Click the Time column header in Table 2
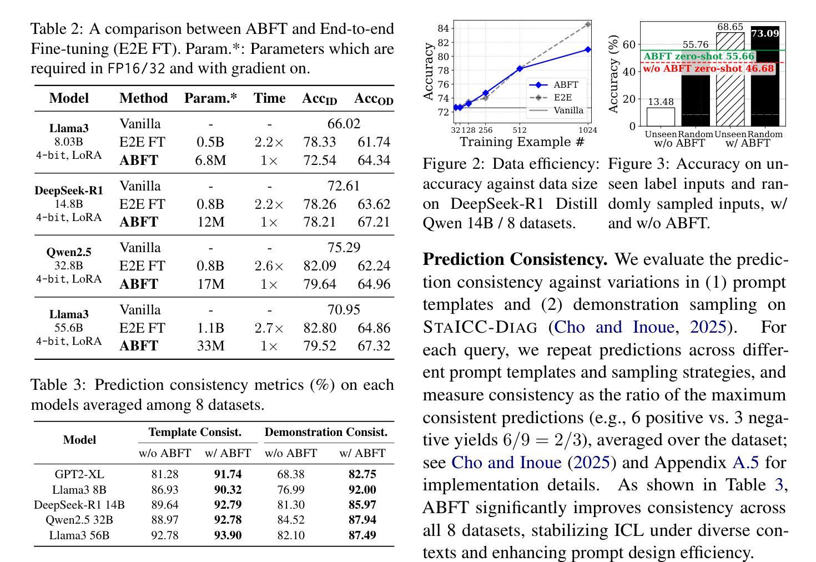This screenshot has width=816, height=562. point(269,98)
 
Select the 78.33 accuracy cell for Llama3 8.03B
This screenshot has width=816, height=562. point(320,142)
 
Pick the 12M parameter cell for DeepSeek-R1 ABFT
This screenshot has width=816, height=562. point(211,222)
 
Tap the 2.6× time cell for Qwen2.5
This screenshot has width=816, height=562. point(269,266)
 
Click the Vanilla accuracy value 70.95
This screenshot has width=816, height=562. point(344,309)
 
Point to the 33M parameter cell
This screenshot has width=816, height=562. point(211,346)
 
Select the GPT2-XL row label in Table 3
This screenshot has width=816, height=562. point(79,475)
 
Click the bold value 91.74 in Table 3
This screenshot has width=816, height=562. point(228,475)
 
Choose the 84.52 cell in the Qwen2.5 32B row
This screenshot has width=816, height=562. point(290,520)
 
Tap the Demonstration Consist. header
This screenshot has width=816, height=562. point(326,432)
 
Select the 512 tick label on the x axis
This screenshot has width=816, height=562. point(519,131)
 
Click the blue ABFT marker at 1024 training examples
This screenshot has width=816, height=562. point(588,49)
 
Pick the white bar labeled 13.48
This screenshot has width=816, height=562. point(661,117)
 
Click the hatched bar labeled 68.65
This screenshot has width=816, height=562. point(730,79)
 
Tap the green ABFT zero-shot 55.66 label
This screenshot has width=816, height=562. point(699,56)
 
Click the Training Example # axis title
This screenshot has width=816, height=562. point(522,142)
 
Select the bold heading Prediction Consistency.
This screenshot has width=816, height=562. point(515,259)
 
